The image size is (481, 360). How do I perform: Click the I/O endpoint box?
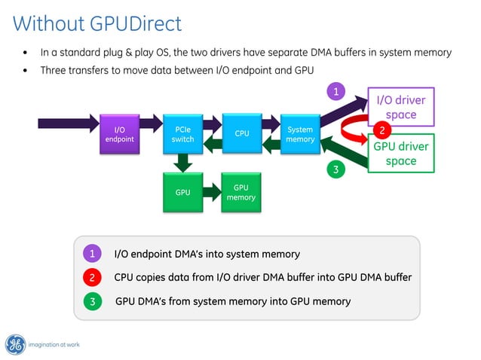coord(120,133)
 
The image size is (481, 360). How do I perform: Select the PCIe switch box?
coord(182,133)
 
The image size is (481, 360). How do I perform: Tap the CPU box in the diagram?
coord(241,133)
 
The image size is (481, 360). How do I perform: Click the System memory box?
coord(300,133)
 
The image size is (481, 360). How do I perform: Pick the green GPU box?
coord(182,192)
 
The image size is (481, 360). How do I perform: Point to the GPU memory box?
coord(241,192)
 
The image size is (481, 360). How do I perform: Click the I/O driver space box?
coord(400,108)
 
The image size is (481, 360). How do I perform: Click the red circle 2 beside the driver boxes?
coord(382,130)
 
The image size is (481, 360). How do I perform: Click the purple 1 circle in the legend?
coord(91,254)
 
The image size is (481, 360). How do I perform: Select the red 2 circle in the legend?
coord(91,277)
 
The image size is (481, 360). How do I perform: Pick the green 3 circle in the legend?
coord(91,301)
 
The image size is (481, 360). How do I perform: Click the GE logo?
coord(15,344)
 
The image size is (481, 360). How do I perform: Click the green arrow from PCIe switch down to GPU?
coord(182,161)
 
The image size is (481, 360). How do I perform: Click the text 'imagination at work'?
coord(54,345)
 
